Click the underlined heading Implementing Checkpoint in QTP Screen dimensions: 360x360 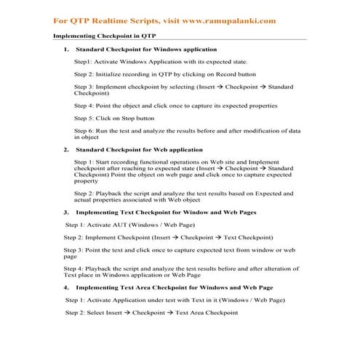[105, 36]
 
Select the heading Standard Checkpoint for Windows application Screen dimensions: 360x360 [145, 49]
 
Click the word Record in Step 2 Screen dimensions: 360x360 [244, 74]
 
